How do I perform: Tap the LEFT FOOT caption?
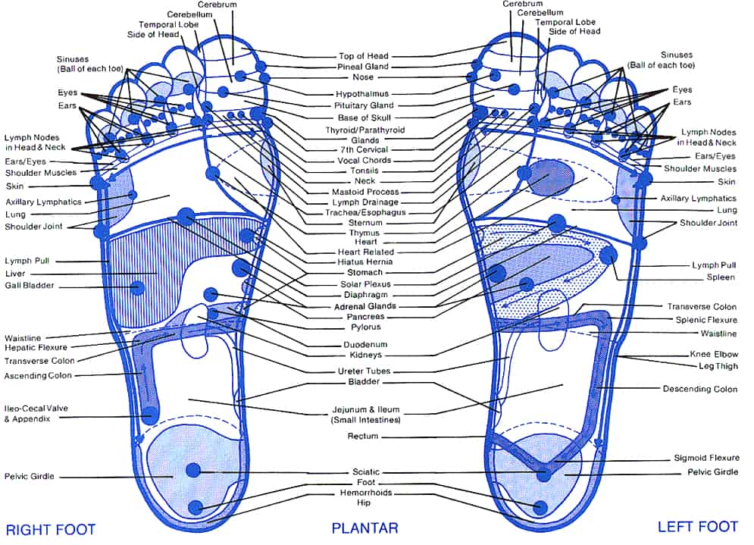click(x=697, y=527)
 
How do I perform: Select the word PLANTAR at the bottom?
click(x=364, y=528)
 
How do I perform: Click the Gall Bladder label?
click(x=30, y=286)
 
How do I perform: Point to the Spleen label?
click(x=721, y=277)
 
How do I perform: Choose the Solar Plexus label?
click(x=364, y=283)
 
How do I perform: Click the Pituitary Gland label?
click(x=364, y=105)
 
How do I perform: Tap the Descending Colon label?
click(x=699, y=389)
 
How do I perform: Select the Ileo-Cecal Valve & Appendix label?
click(x=37, y=413)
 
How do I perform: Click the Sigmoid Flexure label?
click(x=706, y=458)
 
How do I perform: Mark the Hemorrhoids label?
click(x=364, y=493)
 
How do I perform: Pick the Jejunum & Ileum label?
click(x=364, y=415)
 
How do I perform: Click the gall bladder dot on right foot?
click(x=137, y=287)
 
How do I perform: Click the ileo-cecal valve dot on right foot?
click(x=150, y=415)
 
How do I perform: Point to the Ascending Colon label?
click(x=38, y=375)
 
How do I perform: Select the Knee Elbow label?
click(x=713, y=354)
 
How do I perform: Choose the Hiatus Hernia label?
click(x=364, y=262)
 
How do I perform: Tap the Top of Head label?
click(x=364, y=56)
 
